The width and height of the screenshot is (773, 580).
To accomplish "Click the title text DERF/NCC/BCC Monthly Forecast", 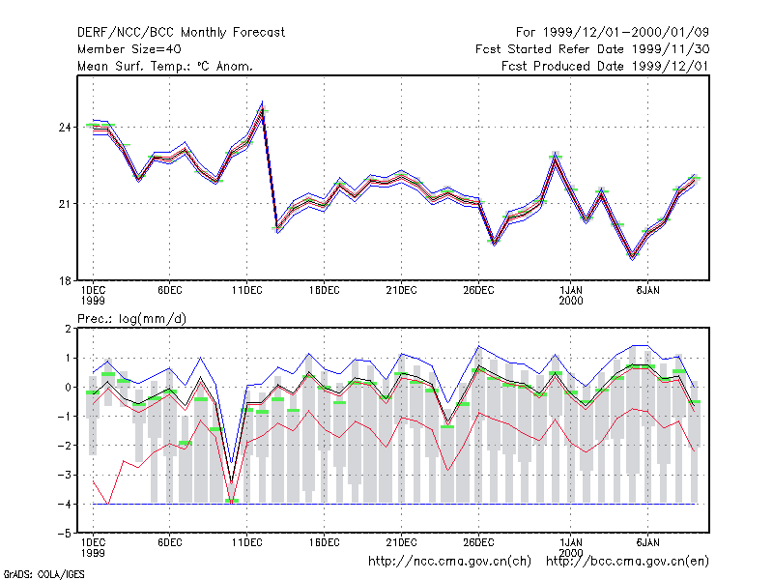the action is click(181, 33).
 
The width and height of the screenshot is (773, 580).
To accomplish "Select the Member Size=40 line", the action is click(129, 49).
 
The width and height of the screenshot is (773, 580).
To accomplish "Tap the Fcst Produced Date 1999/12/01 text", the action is click(605, 66).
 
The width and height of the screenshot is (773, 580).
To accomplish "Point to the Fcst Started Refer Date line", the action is click(592, 49).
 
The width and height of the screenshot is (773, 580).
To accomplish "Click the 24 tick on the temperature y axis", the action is click(65, 128).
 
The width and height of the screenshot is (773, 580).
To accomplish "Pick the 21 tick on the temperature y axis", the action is click(65, 204).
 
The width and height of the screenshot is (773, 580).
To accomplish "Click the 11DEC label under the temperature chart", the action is click(247, 291).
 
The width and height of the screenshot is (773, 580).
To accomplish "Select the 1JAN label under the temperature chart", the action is click(571, 291).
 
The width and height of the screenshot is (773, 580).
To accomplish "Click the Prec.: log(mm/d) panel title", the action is click(131, 319).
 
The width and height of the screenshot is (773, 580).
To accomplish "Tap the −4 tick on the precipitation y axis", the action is click(65, 504).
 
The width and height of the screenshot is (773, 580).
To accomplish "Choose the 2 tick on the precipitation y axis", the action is click(68, 329).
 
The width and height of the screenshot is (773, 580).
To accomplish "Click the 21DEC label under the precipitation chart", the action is click(401, 542).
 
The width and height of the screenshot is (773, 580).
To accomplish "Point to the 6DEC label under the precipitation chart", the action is click(170, 542).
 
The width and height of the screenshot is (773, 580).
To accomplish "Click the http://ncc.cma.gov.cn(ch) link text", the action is click(449, 562).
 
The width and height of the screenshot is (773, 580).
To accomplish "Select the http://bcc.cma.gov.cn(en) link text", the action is click(627, 562).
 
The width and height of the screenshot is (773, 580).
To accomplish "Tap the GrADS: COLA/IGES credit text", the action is click(43, 574).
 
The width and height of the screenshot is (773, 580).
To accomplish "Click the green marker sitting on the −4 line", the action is click(232, 501).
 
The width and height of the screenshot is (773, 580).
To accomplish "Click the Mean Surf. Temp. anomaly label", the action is click(164, 67).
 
